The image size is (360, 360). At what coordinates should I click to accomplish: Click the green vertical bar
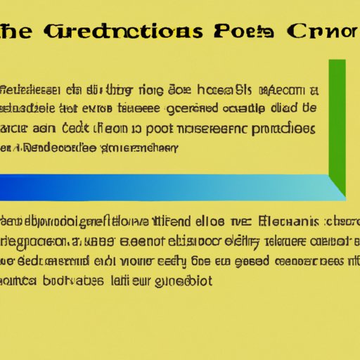[x=337, y=123]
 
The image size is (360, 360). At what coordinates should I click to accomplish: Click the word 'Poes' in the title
[x=238, y=32]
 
